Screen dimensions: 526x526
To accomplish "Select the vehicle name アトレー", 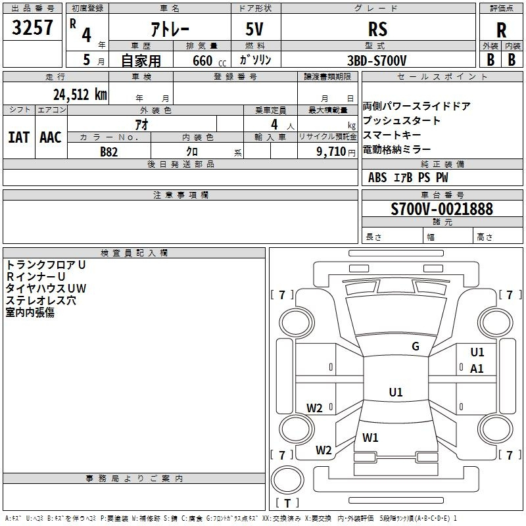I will [x=169, y=29].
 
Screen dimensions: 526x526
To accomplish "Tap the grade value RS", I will [x=377, y=29].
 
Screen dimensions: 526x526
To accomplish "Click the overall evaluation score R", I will [x=501, y=30].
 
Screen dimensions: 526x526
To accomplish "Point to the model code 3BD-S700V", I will [x=377, y=60].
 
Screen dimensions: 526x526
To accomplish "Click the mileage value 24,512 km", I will [x=80, y=94].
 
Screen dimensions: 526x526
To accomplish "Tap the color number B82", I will [x=108, y=151].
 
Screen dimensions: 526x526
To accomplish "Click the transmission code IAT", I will [x=18, y=137].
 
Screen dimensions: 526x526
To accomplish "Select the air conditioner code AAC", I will [x=50, y=137].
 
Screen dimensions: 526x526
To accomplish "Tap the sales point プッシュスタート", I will [x=402, y=121].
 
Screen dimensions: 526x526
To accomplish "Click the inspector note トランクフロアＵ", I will [x=46, y=265].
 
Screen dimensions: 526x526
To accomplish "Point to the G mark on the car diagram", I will [x=416, y=347].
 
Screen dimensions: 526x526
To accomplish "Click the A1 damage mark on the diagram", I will [x=477, y=369].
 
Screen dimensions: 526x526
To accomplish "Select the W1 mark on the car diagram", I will [x=371, y=437].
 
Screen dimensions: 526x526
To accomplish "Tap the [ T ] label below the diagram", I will [x=287, y=504].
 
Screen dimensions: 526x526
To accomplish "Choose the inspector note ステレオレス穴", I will [x=41, y=300].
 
